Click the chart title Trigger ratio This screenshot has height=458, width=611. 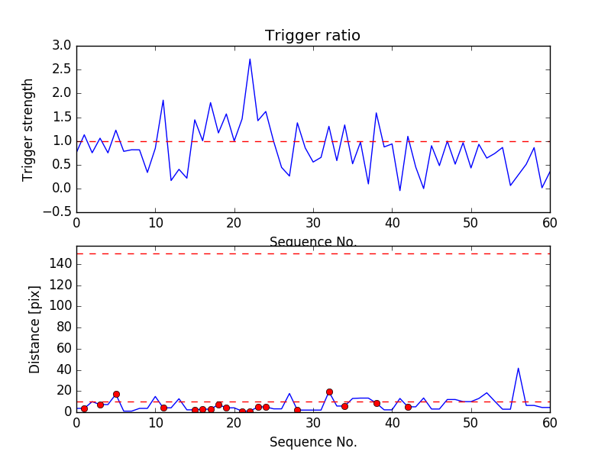coord(312,36)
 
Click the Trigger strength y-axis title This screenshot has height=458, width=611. coord(28,129)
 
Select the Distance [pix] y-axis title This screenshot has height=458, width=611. coord(35,330)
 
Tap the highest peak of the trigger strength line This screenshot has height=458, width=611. coord(250,59)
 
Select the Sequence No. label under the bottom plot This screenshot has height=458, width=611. coord(312,442)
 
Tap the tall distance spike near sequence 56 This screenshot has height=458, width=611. coord(519,368)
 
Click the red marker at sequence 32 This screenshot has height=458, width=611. coord(329,392)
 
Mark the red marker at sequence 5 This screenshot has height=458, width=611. coord(116,394)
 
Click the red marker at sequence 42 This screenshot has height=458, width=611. coord(408,407)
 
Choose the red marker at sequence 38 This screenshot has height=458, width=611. coord(377,403)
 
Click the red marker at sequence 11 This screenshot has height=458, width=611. coord(163,408)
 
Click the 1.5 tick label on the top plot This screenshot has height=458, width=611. coord(62,117)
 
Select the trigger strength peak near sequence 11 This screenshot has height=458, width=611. coord(163,100)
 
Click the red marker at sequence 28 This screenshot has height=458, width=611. coord(297,410)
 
